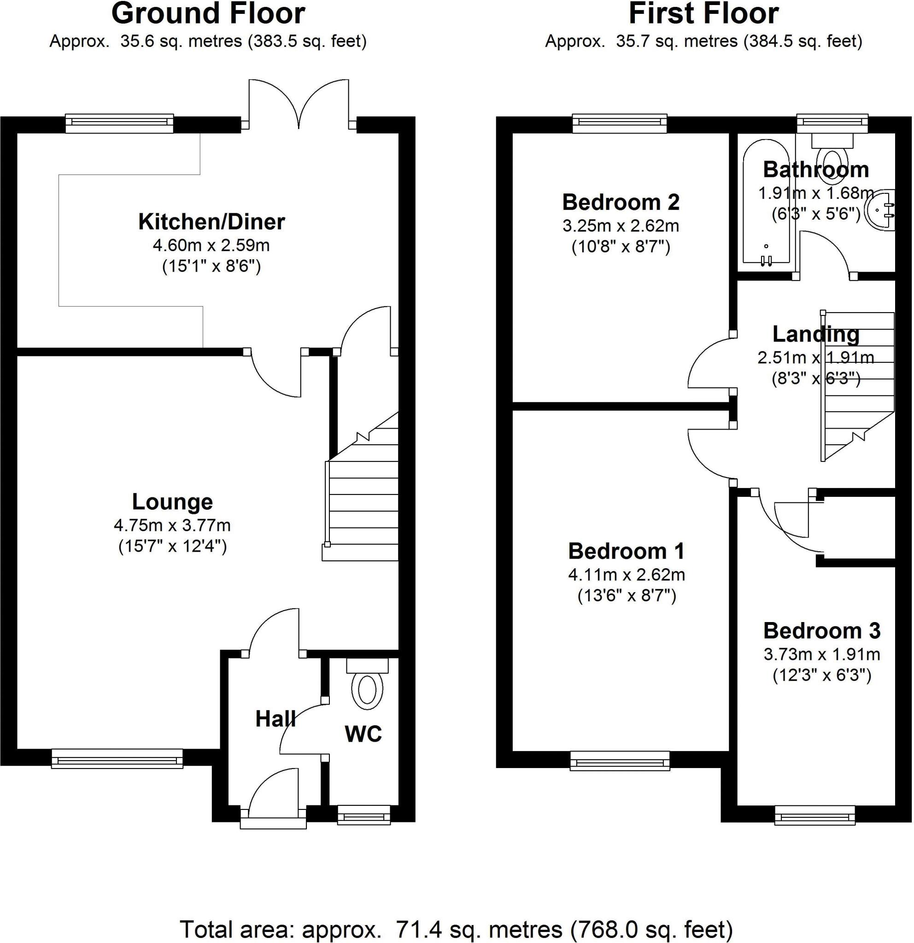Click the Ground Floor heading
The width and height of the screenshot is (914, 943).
[x=208, y=13]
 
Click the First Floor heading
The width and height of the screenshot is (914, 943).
[x=703, y=13]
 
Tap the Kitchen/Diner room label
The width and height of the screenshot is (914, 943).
[x=211, y=222]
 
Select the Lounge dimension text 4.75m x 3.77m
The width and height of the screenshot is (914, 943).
[x=172, y=525]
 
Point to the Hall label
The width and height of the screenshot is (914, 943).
[x=275, y=719]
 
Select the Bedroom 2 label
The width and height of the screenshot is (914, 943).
[x=621, y=202]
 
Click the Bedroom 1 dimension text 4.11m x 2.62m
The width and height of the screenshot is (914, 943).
[x=626, y=575]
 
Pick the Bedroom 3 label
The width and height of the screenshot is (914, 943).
[x=821, y=630]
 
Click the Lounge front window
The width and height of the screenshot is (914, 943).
[x=117, y=758]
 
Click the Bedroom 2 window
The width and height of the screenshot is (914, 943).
[x=620, y=123]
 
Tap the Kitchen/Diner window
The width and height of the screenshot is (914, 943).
[x=119, y=123]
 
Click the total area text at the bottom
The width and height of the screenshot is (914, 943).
[x=456, y=930]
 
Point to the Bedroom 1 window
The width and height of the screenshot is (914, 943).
[x=620, y=761]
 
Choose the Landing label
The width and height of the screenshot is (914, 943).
[x=815, y=334]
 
